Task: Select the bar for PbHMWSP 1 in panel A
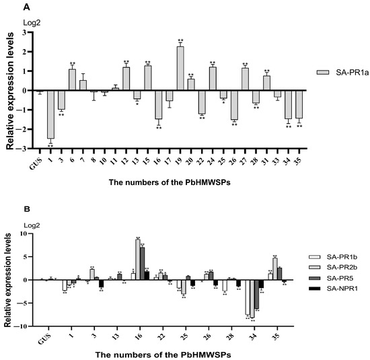tap(50, 114)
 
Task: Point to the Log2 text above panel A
tap(32, 20)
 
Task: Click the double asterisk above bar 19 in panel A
tap(180, 40)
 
